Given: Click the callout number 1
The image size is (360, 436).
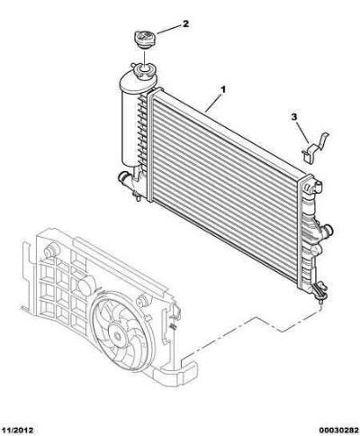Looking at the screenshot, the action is pyautogui.click(x=223, y=89).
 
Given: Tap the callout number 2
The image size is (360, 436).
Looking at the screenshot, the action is pyautogui.click(x=185, y=23).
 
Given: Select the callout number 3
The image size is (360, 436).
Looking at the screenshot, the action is pyautogui.click(x=294, y=117).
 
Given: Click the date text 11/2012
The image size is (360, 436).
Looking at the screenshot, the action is pyautogui.click(x=17, y=431).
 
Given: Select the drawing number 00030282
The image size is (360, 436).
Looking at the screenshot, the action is pyautogui.click(x=338, y=431).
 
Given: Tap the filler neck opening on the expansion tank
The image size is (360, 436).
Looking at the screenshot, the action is pyautogui.click(x=144, y=71).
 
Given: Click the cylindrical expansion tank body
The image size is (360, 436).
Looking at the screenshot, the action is pyautogui.click(x=130, y=126).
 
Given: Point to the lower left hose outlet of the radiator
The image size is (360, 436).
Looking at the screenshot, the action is pyautogui.click(x=122, y=177).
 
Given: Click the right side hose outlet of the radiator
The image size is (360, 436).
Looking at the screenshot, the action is pyautogui.click(x=328, y=231).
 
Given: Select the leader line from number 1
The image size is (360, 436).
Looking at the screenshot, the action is pyautogui.click(x=214, y=103).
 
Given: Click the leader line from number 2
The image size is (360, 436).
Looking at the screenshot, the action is pyautogui.click(x=168, y=30).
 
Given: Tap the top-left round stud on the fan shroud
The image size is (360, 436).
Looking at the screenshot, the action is pyautogui.click(x=51, y=250).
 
